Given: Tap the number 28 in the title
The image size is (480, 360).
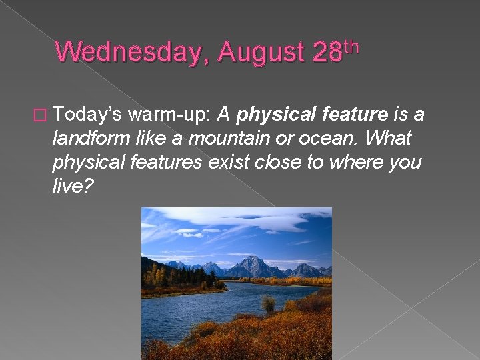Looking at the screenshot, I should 327,53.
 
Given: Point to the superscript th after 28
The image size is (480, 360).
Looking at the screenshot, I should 351,45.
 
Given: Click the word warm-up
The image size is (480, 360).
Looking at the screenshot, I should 169,115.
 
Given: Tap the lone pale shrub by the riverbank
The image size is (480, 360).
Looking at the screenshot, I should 269,305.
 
